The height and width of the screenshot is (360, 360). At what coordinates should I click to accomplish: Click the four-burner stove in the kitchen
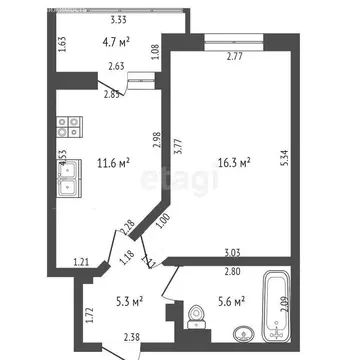[69, 126]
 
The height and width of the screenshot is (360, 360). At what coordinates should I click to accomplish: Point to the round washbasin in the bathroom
[240, 335]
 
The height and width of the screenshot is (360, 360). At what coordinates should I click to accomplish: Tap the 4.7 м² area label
[120, 42]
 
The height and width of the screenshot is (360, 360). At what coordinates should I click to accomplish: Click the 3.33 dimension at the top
[117, 20]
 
